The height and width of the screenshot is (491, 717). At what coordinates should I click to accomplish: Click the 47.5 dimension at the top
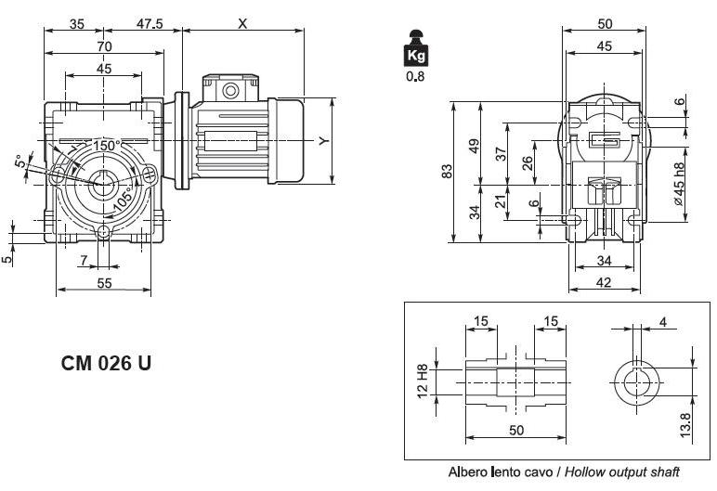(149, 24)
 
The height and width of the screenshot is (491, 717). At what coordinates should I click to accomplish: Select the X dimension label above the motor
(242, 24)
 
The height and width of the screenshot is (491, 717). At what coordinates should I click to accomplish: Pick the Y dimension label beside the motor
(322, 141)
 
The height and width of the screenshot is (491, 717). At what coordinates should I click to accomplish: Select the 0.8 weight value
(414, 77)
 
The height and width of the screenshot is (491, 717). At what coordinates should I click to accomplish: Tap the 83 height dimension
(447, 172)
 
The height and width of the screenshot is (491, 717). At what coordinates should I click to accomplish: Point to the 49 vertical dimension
(474, 146)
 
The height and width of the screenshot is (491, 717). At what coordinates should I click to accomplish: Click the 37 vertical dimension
(501, 154)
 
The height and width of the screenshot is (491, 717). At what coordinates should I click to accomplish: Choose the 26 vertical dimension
(528, 162)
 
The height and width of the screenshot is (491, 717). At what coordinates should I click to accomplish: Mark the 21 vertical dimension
(501, 200)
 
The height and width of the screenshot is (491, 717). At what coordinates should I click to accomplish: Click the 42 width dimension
(604, 283)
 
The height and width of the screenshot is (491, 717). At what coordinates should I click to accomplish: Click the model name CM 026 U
(106, 364)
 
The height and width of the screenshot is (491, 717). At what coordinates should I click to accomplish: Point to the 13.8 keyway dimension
(685, 424)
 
